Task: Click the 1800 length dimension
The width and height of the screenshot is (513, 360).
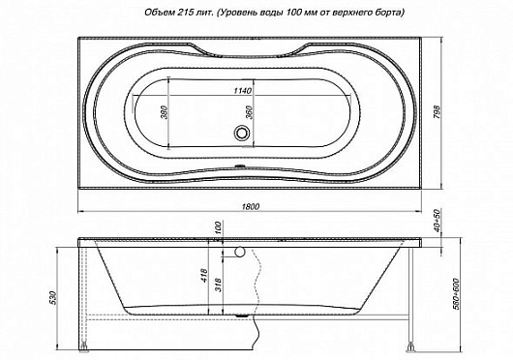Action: (x=256, y=206)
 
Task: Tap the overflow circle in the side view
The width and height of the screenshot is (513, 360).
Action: (x=241, y=252)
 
